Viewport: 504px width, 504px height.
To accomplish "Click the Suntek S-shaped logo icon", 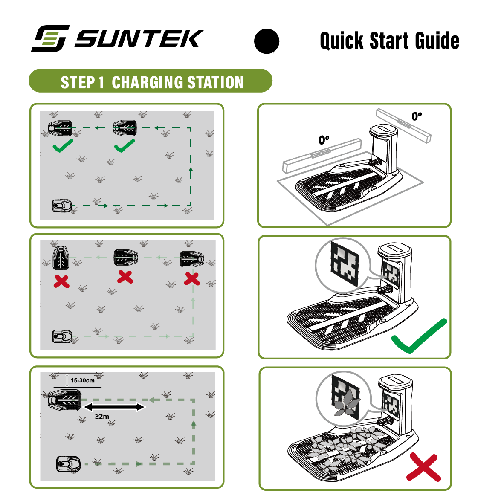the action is point(50,38).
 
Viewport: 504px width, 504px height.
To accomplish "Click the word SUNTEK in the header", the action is point(139,39).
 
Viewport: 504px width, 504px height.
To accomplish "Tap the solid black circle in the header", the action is point(267,41).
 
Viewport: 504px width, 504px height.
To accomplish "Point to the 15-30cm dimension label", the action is point(83,381).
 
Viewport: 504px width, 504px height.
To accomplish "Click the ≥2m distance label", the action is point(102,417).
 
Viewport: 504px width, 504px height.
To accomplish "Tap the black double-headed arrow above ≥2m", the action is point(114,407).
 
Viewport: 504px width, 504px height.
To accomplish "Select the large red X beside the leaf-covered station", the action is point(424,467).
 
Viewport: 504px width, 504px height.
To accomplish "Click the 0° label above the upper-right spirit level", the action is point(417,116).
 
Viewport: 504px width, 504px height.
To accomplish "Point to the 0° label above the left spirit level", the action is point(324,140).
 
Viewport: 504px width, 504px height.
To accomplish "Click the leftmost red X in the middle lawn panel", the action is point(61,282).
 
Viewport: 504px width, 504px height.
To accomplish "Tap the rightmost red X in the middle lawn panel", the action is point(192,279).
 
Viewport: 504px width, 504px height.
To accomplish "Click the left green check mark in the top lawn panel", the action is point(63,146).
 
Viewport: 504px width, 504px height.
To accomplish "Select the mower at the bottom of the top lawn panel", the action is point(62,206).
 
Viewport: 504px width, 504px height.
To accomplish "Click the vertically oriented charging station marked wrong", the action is point(61,258).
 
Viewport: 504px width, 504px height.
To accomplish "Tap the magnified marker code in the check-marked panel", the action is point(345,264).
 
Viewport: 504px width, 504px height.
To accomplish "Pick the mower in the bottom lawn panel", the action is point(68,464).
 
